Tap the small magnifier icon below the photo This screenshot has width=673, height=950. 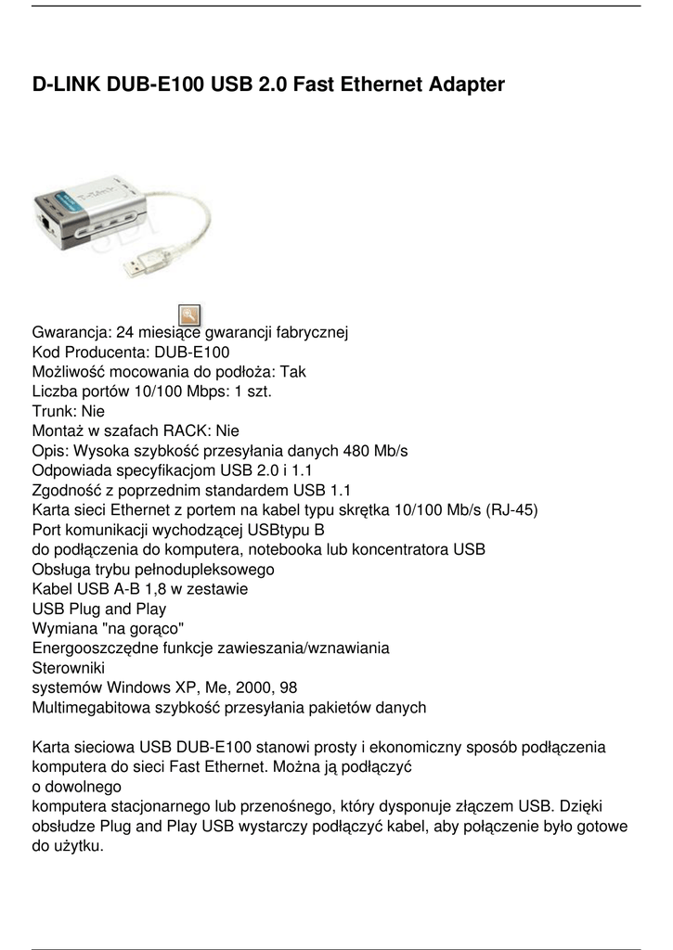(x=188, y=315)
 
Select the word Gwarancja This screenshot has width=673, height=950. (x=71, y=332)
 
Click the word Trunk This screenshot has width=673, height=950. (x=53, y=411)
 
